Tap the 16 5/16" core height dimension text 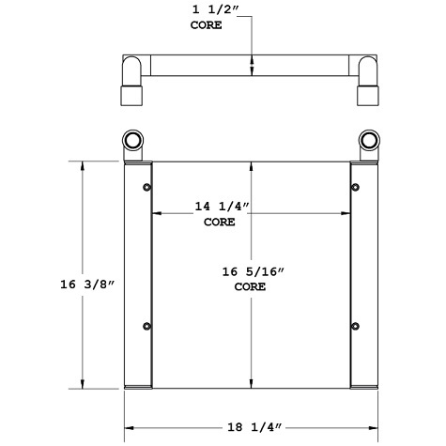pos(252,271)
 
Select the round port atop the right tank pos(367,142)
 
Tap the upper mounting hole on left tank pos(146,190)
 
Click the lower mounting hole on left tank pos(146,327)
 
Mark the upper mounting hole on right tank pos(355,190)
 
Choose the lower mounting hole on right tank pos(355,327)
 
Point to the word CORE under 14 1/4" pos(220,223)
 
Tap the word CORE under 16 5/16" pos(251,287)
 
